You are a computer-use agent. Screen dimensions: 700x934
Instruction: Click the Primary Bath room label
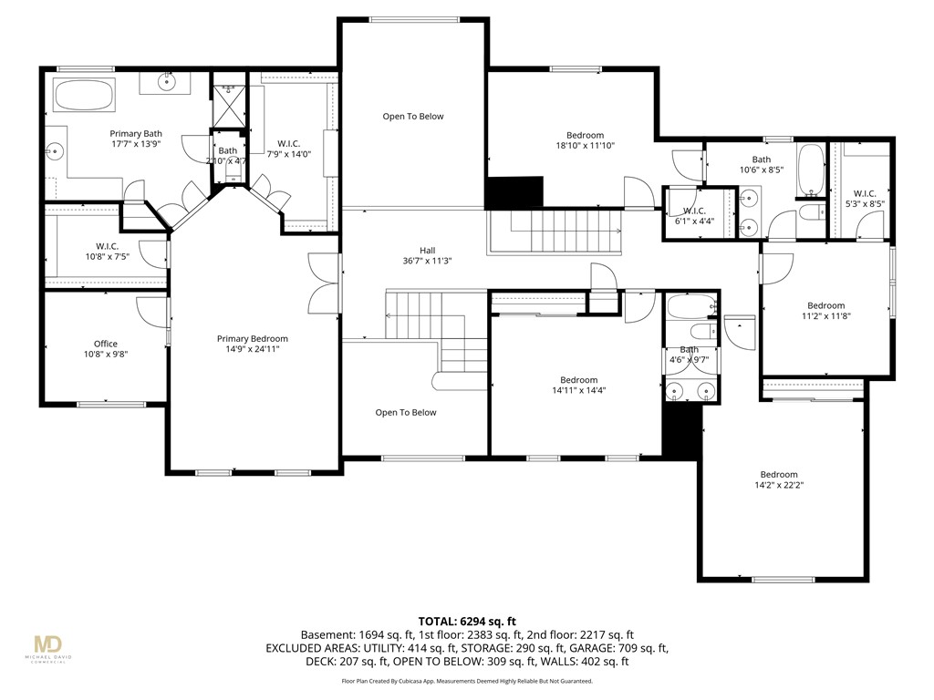click(136, 134)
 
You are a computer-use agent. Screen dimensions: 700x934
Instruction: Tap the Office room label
click(106, 344)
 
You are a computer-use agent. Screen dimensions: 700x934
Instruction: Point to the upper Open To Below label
click(412, 117)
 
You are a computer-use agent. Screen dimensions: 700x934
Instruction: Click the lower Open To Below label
click(406, 413)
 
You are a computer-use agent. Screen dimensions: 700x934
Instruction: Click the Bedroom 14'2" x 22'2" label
click(779, 475)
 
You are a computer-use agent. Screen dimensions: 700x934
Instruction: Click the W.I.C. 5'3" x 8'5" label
click(864, 193)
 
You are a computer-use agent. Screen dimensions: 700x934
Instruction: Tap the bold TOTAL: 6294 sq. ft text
click(466, 619)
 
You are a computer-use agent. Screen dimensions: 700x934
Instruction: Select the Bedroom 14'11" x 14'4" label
click(578, 380)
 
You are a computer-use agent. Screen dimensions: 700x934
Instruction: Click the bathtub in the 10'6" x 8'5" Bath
click(810, 170)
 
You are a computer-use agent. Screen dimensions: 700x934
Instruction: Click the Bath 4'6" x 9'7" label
click(690, 350)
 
